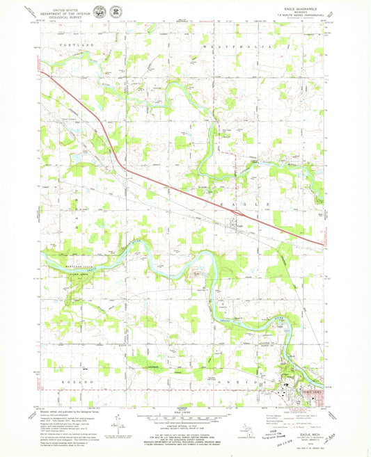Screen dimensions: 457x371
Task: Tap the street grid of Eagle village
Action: tap(236, 225)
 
